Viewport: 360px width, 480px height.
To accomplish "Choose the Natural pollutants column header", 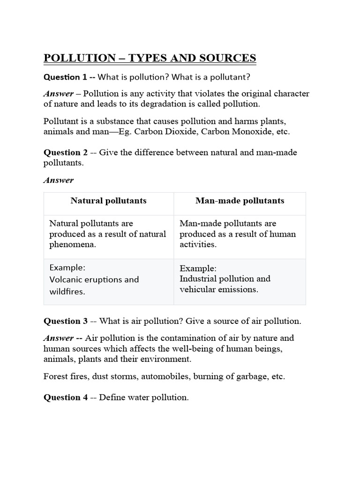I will [x=108, y=201].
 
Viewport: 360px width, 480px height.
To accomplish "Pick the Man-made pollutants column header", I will [x=240, y=201].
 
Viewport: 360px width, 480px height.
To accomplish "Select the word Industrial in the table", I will [x=200, y=278].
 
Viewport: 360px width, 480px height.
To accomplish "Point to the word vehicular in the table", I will [x=198, y=289].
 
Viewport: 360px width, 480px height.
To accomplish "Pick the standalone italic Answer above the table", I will [x=59, y=180].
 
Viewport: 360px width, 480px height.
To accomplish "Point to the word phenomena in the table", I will [x=73, y=245].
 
